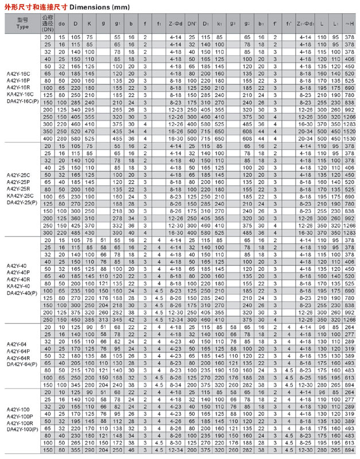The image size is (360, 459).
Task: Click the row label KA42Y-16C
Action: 21,95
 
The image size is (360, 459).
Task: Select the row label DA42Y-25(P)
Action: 21,202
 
